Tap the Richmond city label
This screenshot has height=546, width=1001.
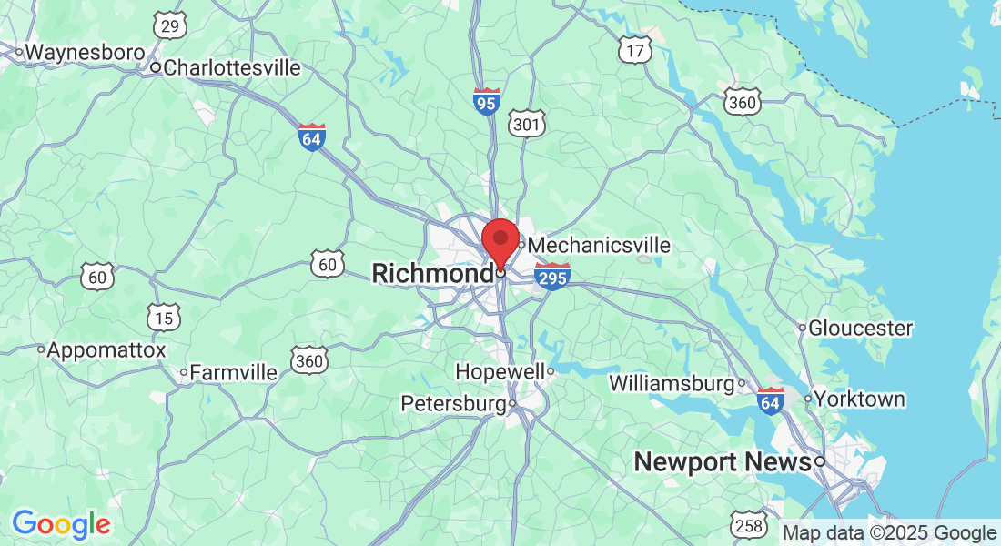pos(431,273)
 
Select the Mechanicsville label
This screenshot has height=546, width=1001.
pos(599,246)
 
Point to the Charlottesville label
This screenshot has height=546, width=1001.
pos(231,67)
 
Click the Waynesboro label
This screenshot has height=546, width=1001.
pos(85,53)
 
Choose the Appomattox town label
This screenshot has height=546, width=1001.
pos(106,349)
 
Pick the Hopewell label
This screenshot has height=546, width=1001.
pos(500,371)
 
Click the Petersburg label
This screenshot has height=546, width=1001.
pos(453,403)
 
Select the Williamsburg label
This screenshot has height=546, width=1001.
pos(671,383)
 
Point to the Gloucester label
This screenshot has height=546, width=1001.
pos(860,328)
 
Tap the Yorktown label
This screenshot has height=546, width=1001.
pos(860,399)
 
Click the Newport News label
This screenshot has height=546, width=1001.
pos(722,462)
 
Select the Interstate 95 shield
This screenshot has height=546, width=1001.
pos(487,101)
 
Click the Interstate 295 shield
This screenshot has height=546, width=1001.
pos(552,277)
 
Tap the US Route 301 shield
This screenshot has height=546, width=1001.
pos(529,123)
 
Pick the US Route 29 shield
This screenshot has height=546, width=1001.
pos(170,26)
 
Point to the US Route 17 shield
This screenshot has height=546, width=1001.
pos(634,51)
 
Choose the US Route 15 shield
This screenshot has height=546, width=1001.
pos(165,318)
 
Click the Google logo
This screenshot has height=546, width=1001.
pos(61,524)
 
